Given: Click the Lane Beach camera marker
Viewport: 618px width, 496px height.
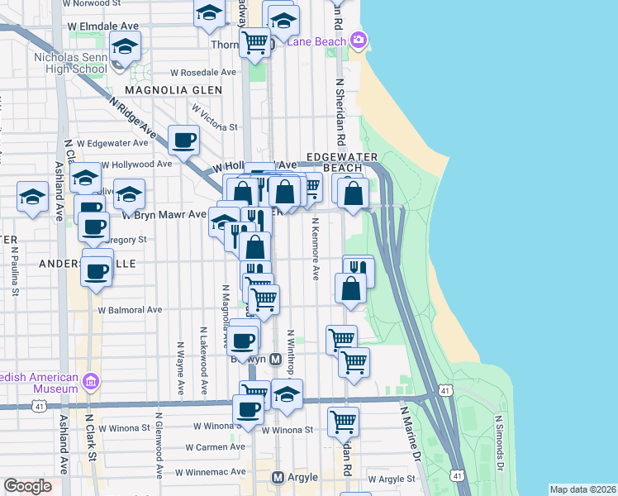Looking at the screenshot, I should click(358, 39).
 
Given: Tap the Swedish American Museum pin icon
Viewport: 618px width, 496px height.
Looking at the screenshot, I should click(91, 382).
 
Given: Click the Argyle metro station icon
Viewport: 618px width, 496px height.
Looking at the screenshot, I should click(278, 478).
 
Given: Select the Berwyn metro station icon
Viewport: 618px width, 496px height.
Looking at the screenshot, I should click(276, 360).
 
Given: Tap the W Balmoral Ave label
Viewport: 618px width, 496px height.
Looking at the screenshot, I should click(130, 311).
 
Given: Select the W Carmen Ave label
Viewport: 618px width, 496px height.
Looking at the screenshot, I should click(215, 447).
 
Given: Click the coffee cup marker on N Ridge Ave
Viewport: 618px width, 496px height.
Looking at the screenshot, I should click(183, 140).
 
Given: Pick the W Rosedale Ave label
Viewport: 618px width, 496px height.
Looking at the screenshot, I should click(203, 72).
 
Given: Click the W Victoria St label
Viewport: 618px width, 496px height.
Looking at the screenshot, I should click(214, 117).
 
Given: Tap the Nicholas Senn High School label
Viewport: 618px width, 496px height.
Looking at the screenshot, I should click(69, 63).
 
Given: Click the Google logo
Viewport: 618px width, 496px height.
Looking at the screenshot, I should click(28, 486).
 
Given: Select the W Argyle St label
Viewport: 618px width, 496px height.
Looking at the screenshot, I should click(391, 479).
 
